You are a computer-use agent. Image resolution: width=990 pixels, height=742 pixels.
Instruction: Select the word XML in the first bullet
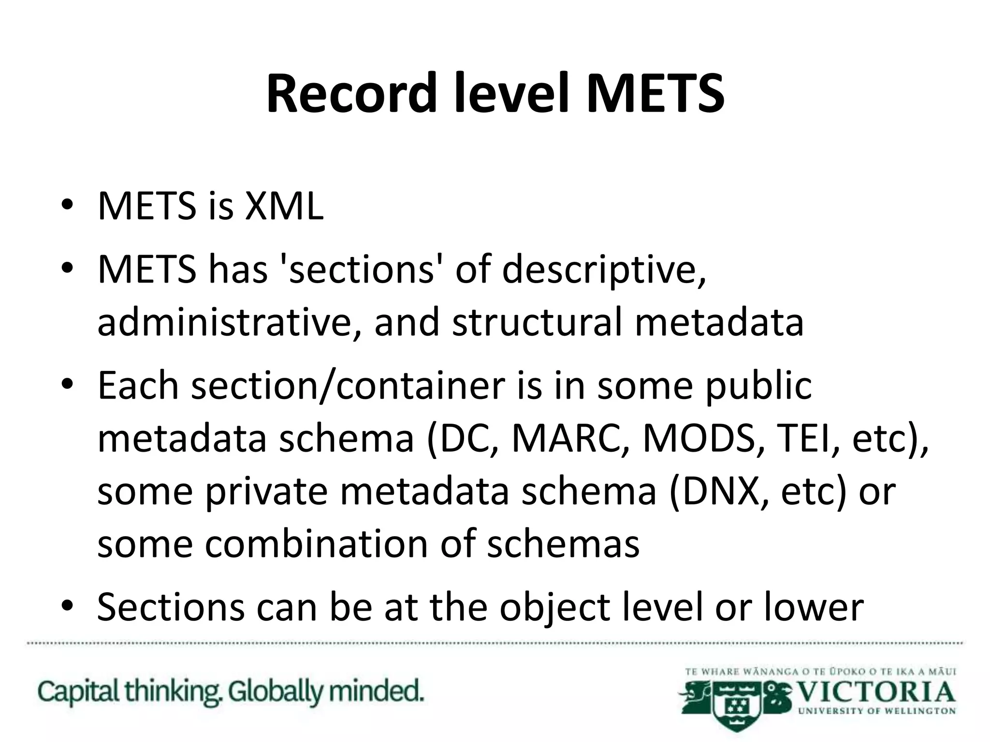point(284,206)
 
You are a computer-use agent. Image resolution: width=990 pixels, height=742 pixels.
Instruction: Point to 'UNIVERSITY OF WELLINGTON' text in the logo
point(876,711)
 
